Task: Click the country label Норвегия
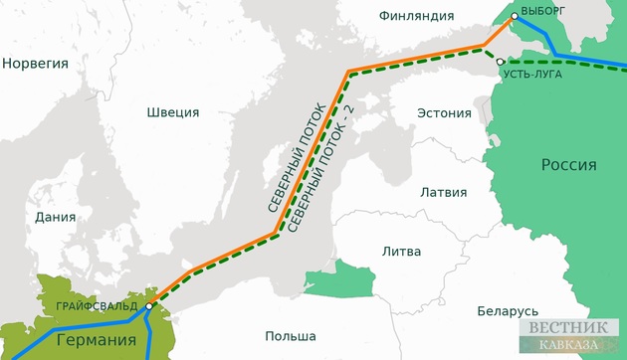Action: pos(36,64)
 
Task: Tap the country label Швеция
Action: pos(172,112)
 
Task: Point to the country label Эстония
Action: pos(443,111)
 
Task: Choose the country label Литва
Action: pos(401,252)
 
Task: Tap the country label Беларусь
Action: pos(508,311)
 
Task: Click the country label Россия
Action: pos(568,165)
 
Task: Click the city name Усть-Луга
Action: pos(532,75)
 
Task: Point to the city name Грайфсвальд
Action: pos(98,305)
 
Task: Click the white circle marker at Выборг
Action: pos(514,18)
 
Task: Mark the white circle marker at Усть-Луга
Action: pos(500,62)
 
